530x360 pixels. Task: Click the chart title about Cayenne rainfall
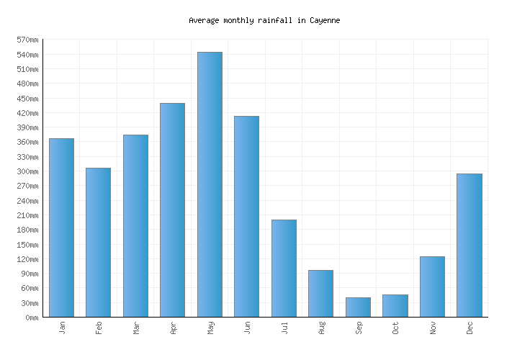click(x=264, y=20)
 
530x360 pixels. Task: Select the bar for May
click(x=210, y=184)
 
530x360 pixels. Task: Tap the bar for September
click(x=358, y=307)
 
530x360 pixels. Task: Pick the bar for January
click(x=61, y=228)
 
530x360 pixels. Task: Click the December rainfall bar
click(x=470, y=245)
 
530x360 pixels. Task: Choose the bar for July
click(x=284, y=268)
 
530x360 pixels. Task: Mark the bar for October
click(x=395, y=305)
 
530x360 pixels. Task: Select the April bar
click(x=172, y=210)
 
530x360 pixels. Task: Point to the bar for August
click(x=320, y=293)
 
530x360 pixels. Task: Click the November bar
click(x=432, y=287)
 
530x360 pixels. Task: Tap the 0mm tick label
click(x=31, y=318)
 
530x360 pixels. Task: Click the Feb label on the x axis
click(x=99, y=328)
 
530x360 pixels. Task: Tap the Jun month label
click(x=247, y=328)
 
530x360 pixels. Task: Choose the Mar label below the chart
click(x=136, y=328)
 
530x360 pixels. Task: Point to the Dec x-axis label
click(x=470, y=328)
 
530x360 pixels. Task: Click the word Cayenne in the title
click(x=324, y=20)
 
